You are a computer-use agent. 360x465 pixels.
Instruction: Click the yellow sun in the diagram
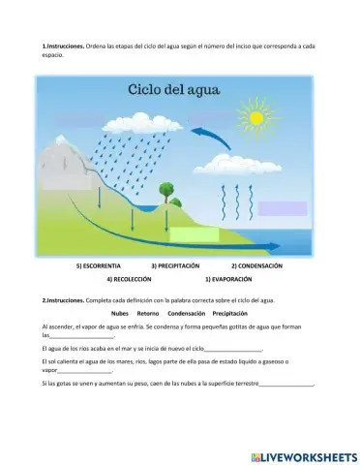(256, 118)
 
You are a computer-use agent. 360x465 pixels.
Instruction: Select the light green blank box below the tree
(195, 234)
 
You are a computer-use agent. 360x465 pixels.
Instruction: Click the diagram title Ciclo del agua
(174, 91)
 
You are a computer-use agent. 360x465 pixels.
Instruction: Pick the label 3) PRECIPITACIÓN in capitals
(175, 265)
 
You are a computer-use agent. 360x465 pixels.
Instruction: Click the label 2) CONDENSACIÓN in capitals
(256, 265)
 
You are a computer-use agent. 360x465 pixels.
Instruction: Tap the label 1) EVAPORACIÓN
(228, 279)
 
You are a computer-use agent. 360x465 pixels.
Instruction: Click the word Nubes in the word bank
(120, 314)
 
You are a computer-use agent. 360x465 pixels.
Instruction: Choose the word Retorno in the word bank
(148, 314)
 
